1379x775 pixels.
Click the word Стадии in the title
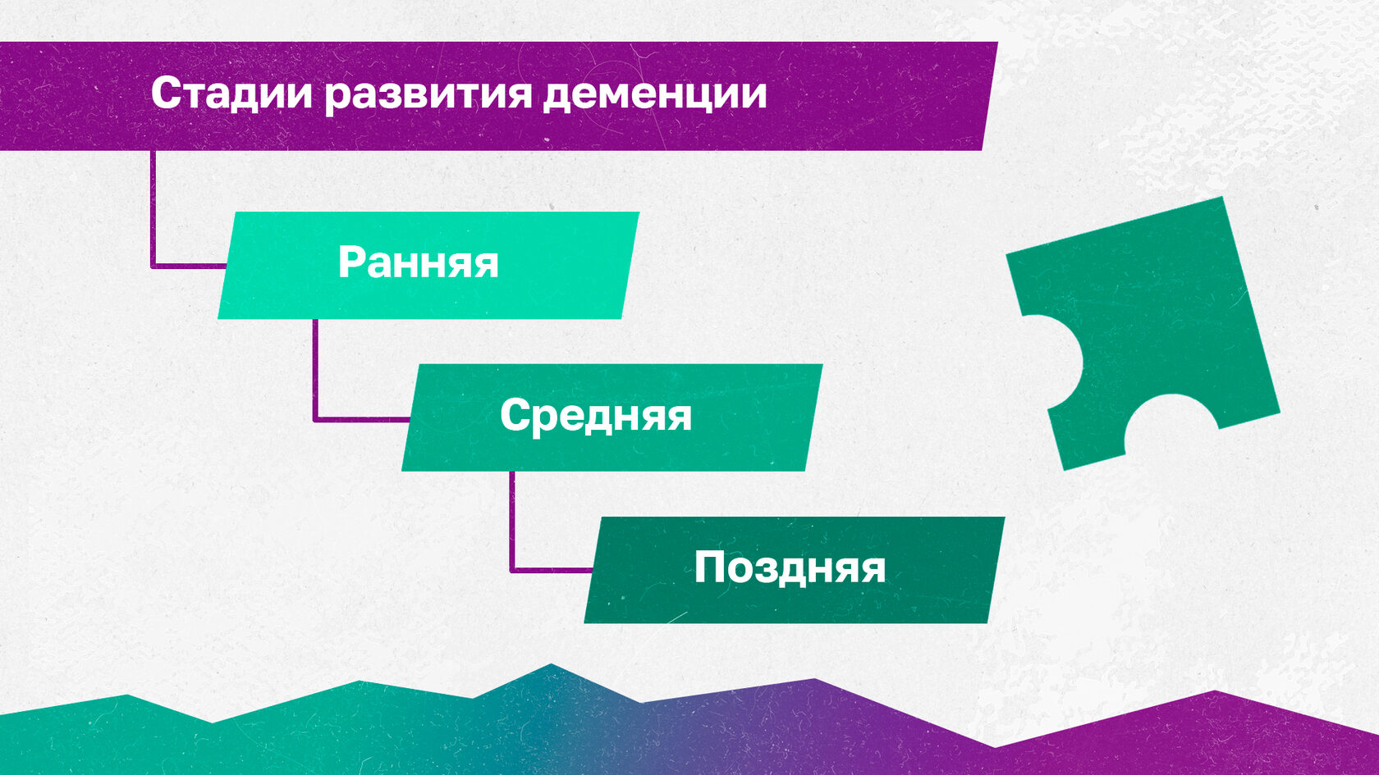tap(231, 94)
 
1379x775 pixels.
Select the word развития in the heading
tap(428, 94)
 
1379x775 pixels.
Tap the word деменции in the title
tap(655, 94)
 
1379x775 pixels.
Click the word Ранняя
tap(418, 263)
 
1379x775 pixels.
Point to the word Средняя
tap(596, 417)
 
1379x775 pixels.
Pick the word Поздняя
tap(790, 568)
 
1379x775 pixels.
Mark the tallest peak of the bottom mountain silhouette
tap(551, 664)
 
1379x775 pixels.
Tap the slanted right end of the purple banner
tap(989, 96)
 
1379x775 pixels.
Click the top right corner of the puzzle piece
tap(1222, 197)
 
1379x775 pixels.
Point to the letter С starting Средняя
tap(515, 415)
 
